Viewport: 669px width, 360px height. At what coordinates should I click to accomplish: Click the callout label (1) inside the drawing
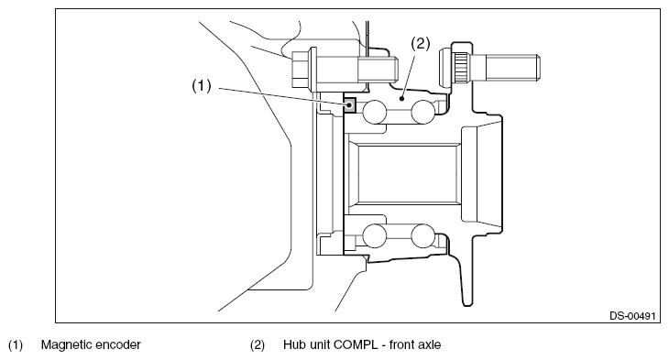coord(202,86)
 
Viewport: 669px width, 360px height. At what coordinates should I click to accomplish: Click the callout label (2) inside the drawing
coord(421,43)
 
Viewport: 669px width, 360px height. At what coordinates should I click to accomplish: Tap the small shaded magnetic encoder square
coord(349,104)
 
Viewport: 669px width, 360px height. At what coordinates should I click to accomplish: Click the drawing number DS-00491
coord(631,316)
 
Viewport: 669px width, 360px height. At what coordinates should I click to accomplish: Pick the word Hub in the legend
coord(292,344)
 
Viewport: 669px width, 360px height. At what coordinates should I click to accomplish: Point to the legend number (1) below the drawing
coord(16,344)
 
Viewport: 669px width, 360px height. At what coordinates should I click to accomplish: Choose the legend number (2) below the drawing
coord(258,344)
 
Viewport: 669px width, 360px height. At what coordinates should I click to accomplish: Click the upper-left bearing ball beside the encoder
coord(374,112)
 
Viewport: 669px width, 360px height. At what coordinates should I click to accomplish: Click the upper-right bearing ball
coord(422,112)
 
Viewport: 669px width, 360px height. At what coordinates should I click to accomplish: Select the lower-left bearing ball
coord(374,235)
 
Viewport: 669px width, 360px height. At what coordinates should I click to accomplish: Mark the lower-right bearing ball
coord(422,235)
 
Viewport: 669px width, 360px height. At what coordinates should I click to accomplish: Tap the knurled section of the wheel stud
coord(461,68)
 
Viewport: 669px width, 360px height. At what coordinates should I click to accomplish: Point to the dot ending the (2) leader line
coord(401,99)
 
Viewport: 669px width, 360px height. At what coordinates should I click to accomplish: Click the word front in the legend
coord(401,344)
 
